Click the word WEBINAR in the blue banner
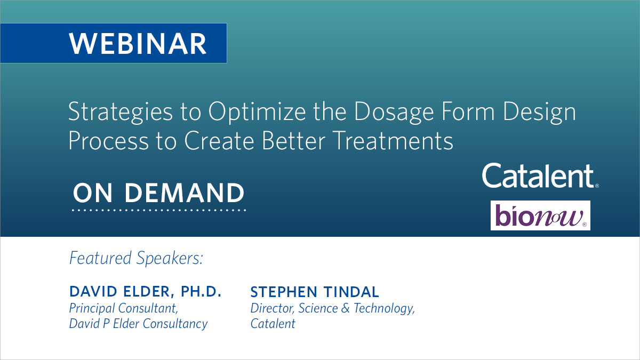coord(138,44)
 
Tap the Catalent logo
coord(540,176)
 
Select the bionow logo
coord(540,215)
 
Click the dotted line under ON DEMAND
coord(159,210)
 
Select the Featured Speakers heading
coord(137,258)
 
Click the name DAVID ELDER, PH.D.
coord(145,292)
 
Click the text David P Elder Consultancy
coord(138,324)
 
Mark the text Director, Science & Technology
coord(332,308)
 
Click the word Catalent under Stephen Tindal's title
coord(273,324)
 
